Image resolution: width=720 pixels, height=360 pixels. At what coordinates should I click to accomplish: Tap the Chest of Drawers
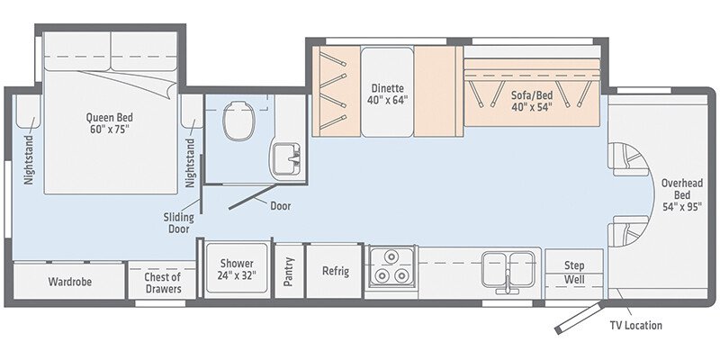(163, 283)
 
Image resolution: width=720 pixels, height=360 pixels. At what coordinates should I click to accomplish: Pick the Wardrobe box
(70, 282)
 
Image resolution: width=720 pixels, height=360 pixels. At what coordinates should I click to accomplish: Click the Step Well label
(574, 273)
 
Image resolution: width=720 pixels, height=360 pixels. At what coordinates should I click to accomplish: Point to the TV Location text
(635, 325)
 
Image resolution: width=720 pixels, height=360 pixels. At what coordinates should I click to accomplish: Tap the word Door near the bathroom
(281, 205)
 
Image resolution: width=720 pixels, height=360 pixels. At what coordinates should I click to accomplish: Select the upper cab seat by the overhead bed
(627, 160)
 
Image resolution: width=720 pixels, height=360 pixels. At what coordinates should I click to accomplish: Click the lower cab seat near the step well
(627, 232)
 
